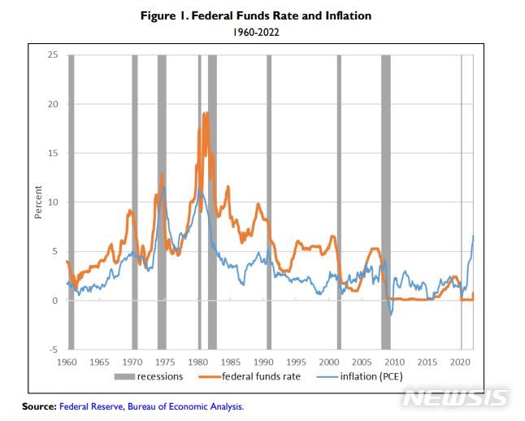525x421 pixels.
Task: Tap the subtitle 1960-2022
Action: pos(262,33)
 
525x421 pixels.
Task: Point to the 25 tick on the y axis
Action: pos(53,55)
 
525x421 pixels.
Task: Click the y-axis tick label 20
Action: pos(53,104)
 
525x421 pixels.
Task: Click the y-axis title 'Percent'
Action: pos(38,202)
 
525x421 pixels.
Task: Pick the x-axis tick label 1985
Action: pos(231,361)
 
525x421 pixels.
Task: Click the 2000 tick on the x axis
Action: pos(329,361)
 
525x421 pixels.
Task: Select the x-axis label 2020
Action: pos(461,361)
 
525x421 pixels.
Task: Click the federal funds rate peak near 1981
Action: pos(205,113)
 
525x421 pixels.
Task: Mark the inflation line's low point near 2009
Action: pos(391,315)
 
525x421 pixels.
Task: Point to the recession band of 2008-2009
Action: pos(386,202)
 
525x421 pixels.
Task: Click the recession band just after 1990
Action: pos(269,202)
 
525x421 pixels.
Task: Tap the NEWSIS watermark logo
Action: pos(455,398)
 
